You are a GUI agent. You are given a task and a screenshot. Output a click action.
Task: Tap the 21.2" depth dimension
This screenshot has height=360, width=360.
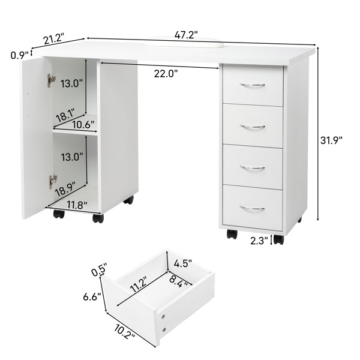[54, 40]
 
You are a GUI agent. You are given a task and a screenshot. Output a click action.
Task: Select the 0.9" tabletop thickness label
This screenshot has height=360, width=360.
[19, 55]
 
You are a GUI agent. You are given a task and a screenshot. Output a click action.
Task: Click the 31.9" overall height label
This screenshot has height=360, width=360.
[331, 140]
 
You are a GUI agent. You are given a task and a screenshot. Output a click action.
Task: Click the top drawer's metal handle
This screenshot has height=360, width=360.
[253, 86]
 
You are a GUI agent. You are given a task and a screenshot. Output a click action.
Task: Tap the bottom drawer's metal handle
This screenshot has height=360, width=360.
[253, 208]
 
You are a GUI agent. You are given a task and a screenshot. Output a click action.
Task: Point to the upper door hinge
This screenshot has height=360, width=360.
[52, 80]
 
